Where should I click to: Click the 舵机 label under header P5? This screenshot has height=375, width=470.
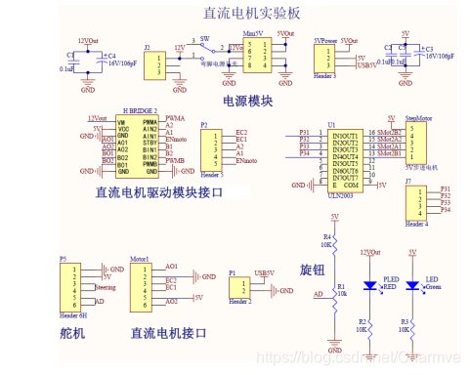pyautogui.click(x=72, y=333)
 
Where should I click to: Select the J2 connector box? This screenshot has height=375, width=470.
pyautogui.click(x=155, y=63)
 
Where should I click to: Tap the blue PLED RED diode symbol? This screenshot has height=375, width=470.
pyautogui.click(x=368, y=285)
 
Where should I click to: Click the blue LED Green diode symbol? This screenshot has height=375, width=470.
pyautogui.click(x=411, y=285)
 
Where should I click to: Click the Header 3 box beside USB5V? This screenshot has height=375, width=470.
pyautogui.click(x=325, y=58)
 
